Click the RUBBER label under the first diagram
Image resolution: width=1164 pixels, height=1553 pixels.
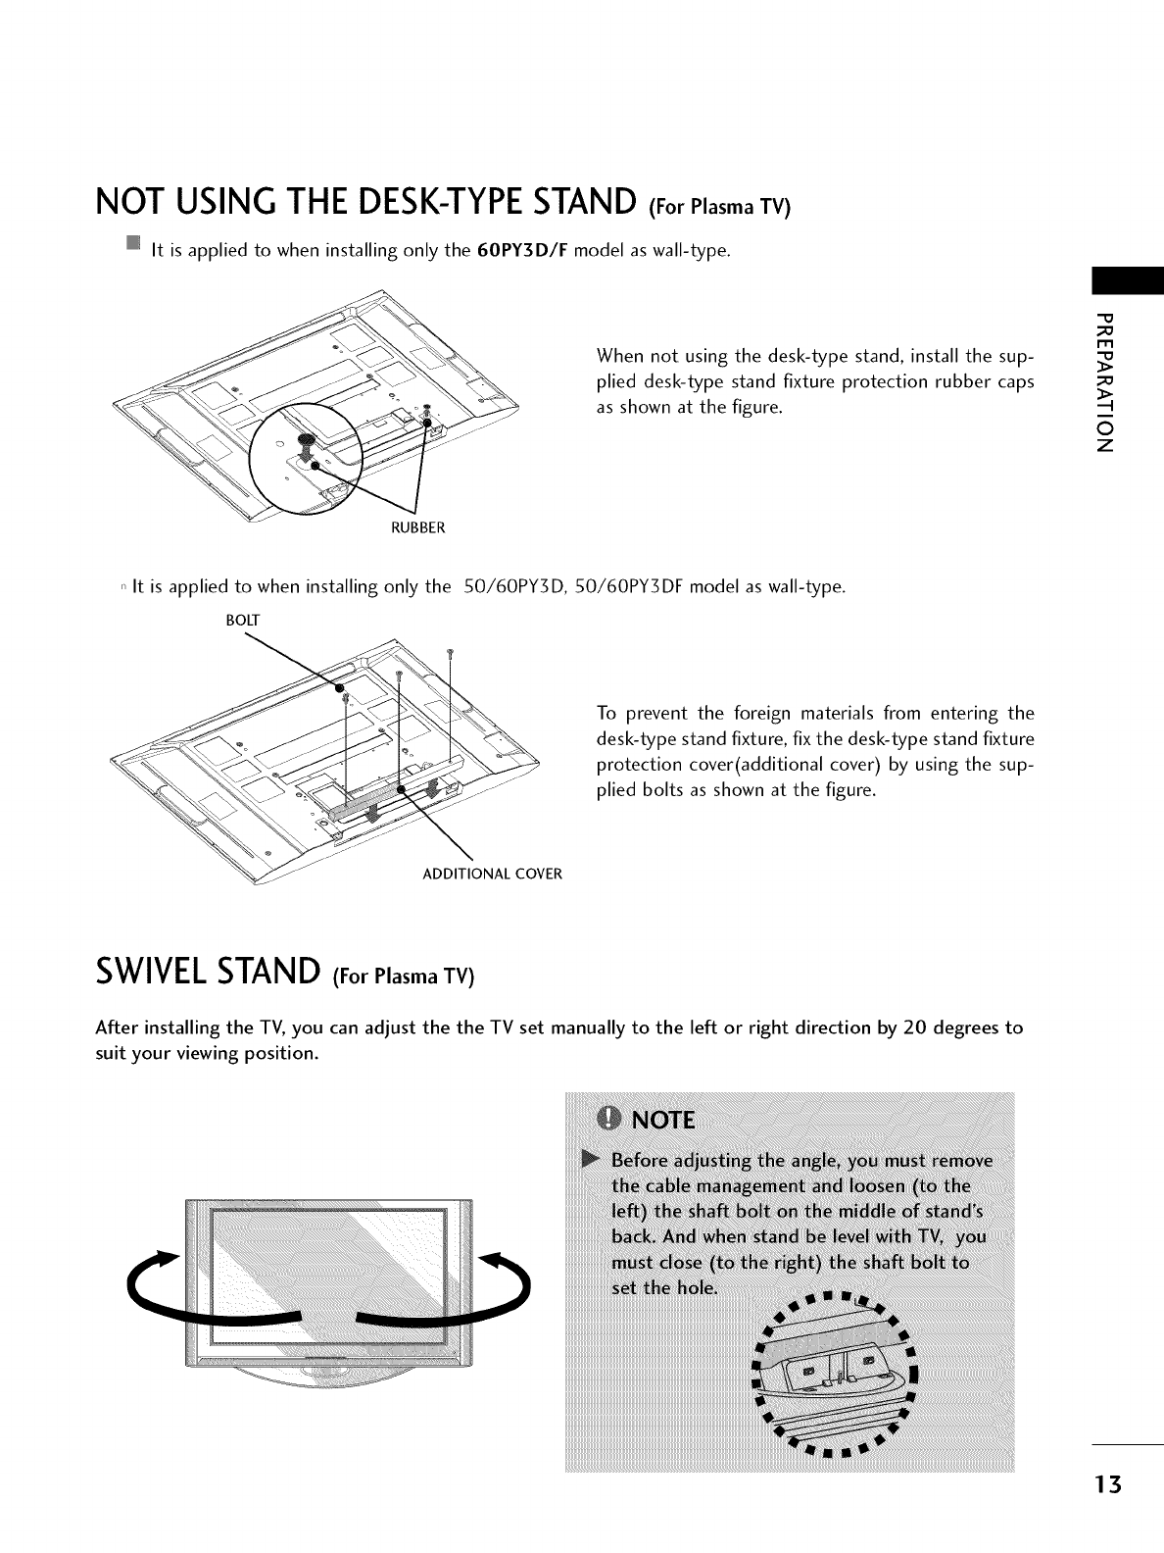click(419, 528)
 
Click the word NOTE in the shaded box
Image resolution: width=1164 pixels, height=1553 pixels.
click(663, 1120)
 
